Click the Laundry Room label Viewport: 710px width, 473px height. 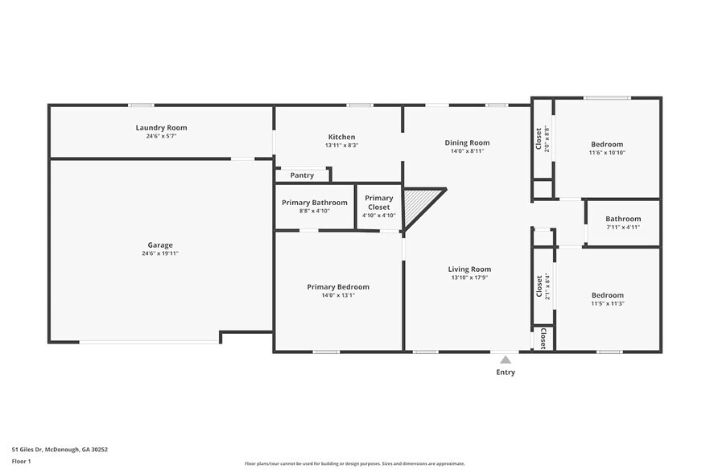tap(161, 128)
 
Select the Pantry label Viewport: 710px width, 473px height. tap(302, 175)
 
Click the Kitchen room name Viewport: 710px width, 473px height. tap(341, 137)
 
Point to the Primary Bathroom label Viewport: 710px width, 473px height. tap(315, 203)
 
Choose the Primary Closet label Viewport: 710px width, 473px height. tap(379, 203)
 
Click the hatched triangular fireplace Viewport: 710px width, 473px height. tap(419, 204)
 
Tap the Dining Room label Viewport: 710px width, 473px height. tap(467, 142)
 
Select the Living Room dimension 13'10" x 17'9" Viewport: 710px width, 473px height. tap(469, 278)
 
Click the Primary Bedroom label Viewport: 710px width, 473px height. tap(338, 287)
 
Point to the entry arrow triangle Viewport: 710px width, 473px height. tap(505, 360)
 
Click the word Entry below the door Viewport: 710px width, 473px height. tap(506, 372)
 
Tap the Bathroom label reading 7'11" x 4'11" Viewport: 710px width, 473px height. tap(623, 227)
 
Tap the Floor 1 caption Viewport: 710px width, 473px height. tap(21, 461)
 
